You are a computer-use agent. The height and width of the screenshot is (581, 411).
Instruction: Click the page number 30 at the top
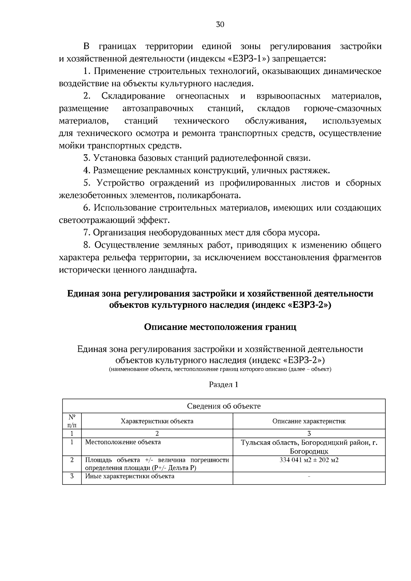coord(220,24)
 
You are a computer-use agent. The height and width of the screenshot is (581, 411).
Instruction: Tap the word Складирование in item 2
coord(133,96)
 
